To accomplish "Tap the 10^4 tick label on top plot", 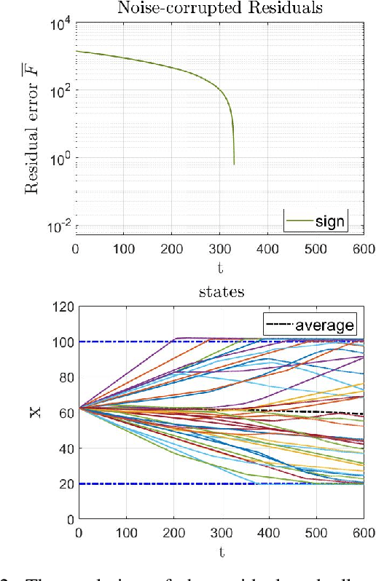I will pyautogui.click(x=59, y=23).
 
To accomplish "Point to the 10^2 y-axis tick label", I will pyautogui.click(x=59, y=90).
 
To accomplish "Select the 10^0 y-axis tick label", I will pyautogui.click(x=59, y=158).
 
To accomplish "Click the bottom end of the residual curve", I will pyautogui.click(x=234, y=164).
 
